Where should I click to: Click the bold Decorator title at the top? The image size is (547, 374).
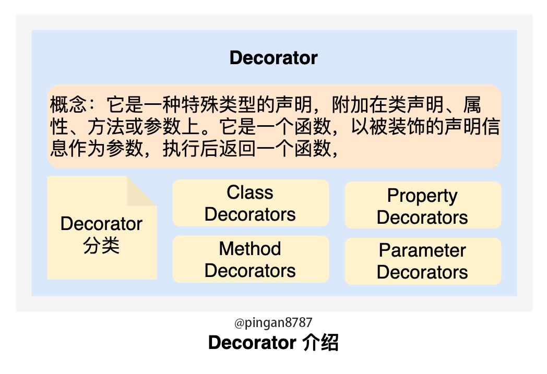[273, 58]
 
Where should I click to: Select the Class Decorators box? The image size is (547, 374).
[251, 203]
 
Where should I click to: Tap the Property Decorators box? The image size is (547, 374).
[423, 206]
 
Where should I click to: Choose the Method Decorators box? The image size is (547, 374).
[251, 259]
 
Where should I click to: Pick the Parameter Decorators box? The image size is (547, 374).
[423, 261]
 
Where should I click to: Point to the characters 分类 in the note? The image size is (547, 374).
[101, 245]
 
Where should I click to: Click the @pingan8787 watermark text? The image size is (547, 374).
[273, 323]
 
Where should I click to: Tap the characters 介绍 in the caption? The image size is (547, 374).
[320, 342]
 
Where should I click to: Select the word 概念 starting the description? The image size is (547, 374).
[68, 104]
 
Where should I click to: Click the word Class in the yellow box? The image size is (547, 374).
[250, 192]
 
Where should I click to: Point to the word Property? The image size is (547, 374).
[422, 196]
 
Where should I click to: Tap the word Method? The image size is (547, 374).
[250, 248]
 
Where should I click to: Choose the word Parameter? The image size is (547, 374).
[422, 250]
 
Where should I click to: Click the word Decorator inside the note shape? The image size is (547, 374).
[101, 224]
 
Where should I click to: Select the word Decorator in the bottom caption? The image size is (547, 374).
[252, 342]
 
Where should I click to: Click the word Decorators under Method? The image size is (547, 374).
[250, 271]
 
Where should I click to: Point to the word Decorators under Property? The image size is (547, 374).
[422, 218]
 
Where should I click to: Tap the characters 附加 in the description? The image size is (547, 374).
[350, 104]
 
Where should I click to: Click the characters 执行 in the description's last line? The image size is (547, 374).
[181, 148]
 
